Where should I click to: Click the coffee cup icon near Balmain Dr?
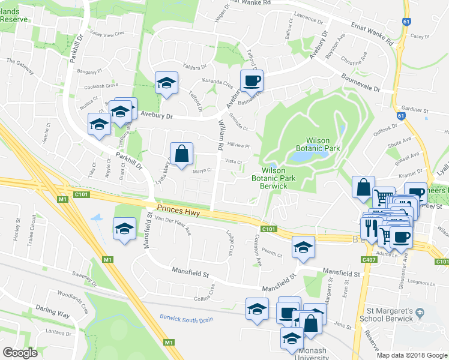pyautogui.click(x=252, y=80)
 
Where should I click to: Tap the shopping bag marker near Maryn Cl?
pyautogui.click(x=181, y=154)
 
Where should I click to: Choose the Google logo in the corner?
pyautogui.click(x=20, y=353)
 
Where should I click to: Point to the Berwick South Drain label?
pyautogui.click(x=186, y=319)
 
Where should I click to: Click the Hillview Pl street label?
pyautogui.click(x=238, y=146)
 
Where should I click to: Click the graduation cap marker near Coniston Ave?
pyautogui.click(x=303, y=247)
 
